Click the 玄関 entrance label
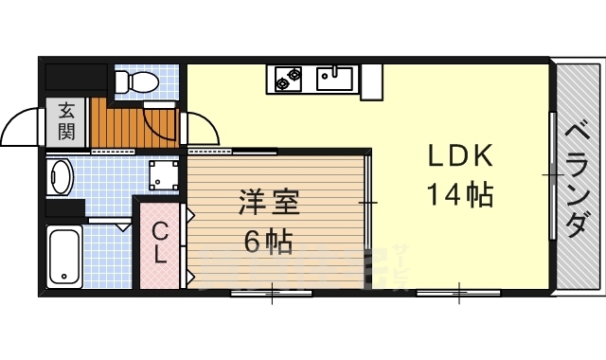pos(66,120)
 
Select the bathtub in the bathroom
pos(64,256)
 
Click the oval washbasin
pos(62,176)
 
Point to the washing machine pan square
pos(162,175)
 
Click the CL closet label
pos(161,242)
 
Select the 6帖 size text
pos(268,243)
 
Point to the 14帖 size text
pos(458,195)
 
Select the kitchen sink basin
pos(334,77)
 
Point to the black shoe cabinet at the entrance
pos(76,76)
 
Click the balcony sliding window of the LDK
pos(552,175)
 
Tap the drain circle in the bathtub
pos(64,279)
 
